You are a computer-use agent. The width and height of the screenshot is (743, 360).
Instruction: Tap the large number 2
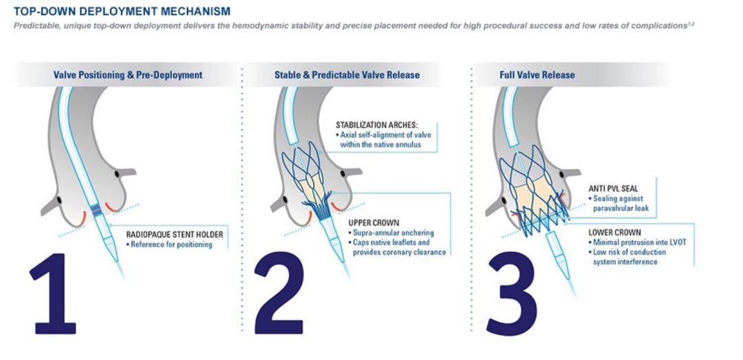(x=279, y=293)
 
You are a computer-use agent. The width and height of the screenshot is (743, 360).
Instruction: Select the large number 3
(x=512, y=293)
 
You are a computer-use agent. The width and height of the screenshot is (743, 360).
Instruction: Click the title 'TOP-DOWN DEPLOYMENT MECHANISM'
(x=122, y=11)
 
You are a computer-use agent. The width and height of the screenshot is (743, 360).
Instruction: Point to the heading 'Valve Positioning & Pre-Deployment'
(x=128, y=75)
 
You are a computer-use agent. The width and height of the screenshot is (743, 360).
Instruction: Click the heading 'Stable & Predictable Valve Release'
(x=347, y=75)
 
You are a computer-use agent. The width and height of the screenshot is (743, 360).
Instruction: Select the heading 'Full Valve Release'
(x=537, y=75)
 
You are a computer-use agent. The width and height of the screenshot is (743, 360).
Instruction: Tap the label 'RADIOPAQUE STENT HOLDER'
(x=174, y=234)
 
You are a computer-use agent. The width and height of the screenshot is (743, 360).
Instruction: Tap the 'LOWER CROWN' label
(x=614, y=233)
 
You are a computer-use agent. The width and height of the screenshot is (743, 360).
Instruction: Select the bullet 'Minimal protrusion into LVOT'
(x=637, y=242)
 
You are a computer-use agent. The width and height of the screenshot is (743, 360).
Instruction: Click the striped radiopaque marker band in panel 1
(x=97, y=210)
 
